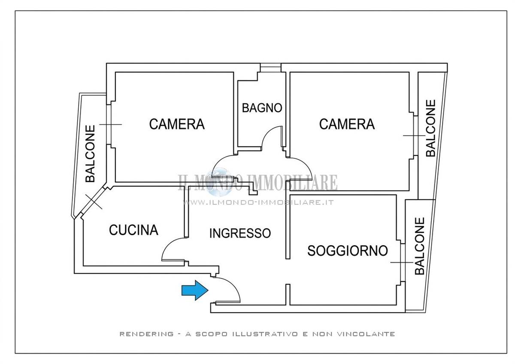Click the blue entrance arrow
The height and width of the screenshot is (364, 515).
(x=195, y=290)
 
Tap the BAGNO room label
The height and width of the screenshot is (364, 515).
(x=262, y=108)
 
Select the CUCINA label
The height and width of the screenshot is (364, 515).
(x=133, y=230)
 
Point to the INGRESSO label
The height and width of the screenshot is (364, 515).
(x=240, y=233)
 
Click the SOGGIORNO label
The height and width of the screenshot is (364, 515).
(x=348, y=251)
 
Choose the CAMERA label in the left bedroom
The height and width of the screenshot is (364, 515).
(x=177, y=124)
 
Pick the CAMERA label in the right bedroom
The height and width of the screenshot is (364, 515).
(x=347, y=124)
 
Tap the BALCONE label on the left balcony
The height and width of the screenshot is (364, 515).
(x=90, y=154)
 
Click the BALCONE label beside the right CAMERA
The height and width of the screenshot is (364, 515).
(x=430, y=128)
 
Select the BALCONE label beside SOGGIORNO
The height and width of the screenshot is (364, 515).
(x=420, y=246)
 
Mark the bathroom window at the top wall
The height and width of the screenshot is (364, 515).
(x=271, y=67)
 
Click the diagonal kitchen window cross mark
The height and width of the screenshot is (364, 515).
(x=94, y=201)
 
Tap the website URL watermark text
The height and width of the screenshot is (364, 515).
(x=258, y=202)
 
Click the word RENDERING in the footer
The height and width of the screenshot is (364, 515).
(x=146, y=334)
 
